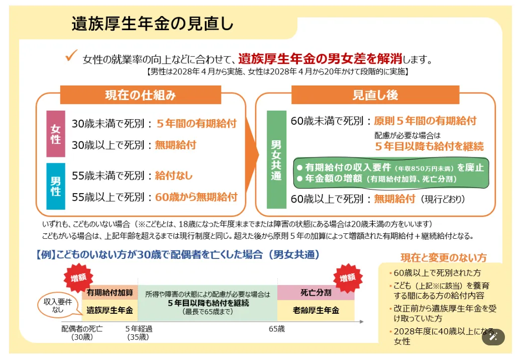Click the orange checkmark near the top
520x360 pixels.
click(x=71, y=55)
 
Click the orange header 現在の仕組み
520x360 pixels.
click(x=141, y=95)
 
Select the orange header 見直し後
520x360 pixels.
click(x=375, y=95)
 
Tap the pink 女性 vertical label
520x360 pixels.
click(x=56, y=134)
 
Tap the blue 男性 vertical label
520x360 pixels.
click(x=56, y=186)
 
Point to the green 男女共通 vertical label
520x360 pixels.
click(x=276, y=159)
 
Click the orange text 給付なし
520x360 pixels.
click(x=174, y=175)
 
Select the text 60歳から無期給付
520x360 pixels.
click(x=196, y=197)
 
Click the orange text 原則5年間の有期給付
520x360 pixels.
click(x=425, y=121)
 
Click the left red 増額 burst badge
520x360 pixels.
click(x=78, y=278)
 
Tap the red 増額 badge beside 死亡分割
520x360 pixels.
click(x=348, y=278)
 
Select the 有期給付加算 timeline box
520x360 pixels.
click(x=110, y=293)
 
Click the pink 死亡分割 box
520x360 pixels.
click(x=316, y=293)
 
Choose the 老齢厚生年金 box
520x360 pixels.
click(x=316, y=311)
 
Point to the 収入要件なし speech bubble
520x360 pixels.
click(x=59, y=306)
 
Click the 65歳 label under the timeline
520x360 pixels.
click(x=277, y=329)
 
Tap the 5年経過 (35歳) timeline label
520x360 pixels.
click(x=138, y=333)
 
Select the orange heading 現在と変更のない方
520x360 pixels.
click(x=444, y=257)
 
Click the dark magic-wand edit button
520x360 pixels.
click(x=493, y=337)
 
